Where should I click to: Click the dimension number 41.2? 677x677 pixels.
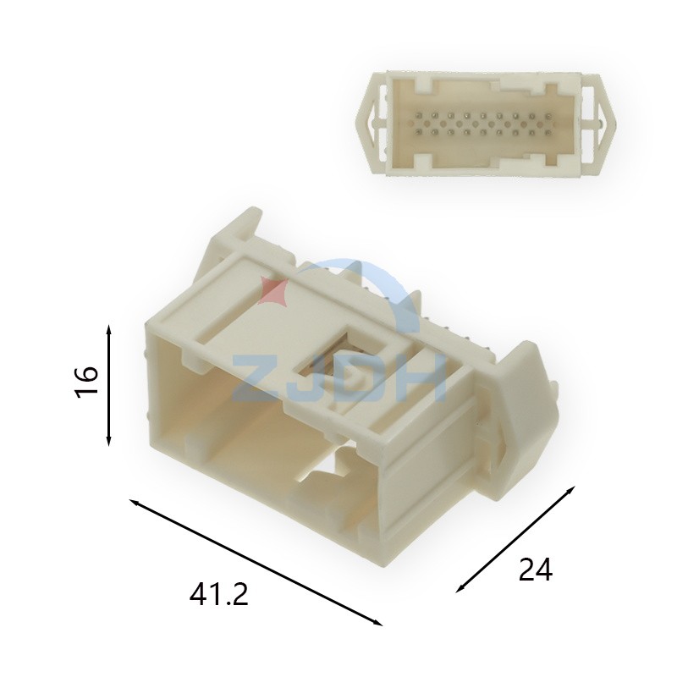pyautogui.click(x=219, y=594)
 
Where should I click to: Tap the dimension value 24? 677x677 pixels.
pyautogui.click(x=536, y=570)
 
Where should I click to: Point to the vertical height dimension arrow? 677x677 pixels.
pyautogui.click(x=109, y=386)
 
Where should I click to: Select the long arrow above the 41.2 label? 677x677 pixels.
pyautogui.click(x=256, y=562)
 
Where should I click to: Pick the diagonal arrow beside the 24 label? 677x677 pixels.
pyautogui.click(x=516, y=539)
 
